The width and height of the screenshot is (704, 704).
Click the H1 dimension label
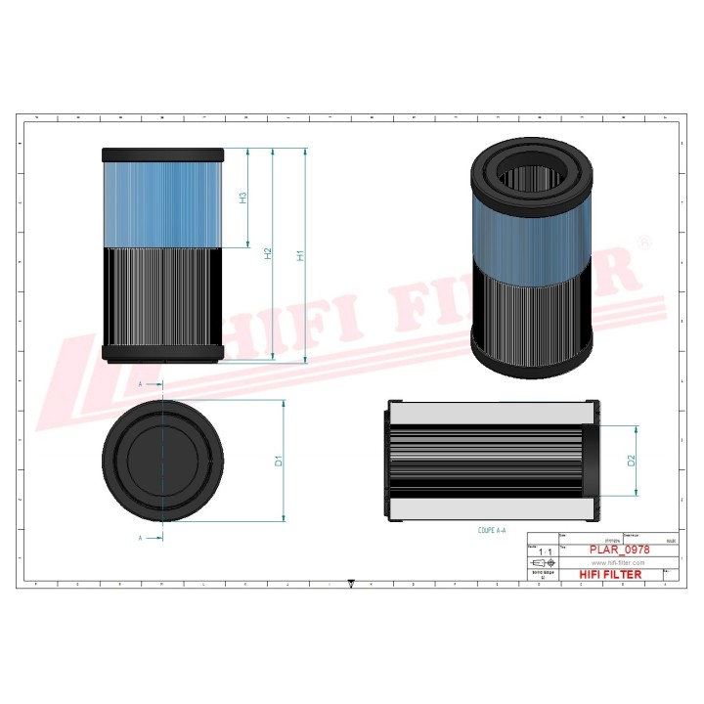302,256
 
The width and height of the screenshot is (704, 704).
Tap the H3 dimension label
242,198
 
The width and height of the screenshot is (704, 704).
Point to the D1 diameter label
279,461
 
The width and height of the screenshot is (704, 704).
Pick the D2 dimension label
632,461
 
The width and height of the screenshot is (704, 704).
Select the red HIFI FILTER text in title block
611,574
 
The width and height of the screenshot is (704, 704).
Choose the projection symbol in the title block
540,564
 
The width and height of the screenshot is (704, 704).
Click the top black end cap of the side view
163,154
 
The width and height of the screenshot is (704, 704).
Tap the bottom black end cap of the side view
163,352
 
